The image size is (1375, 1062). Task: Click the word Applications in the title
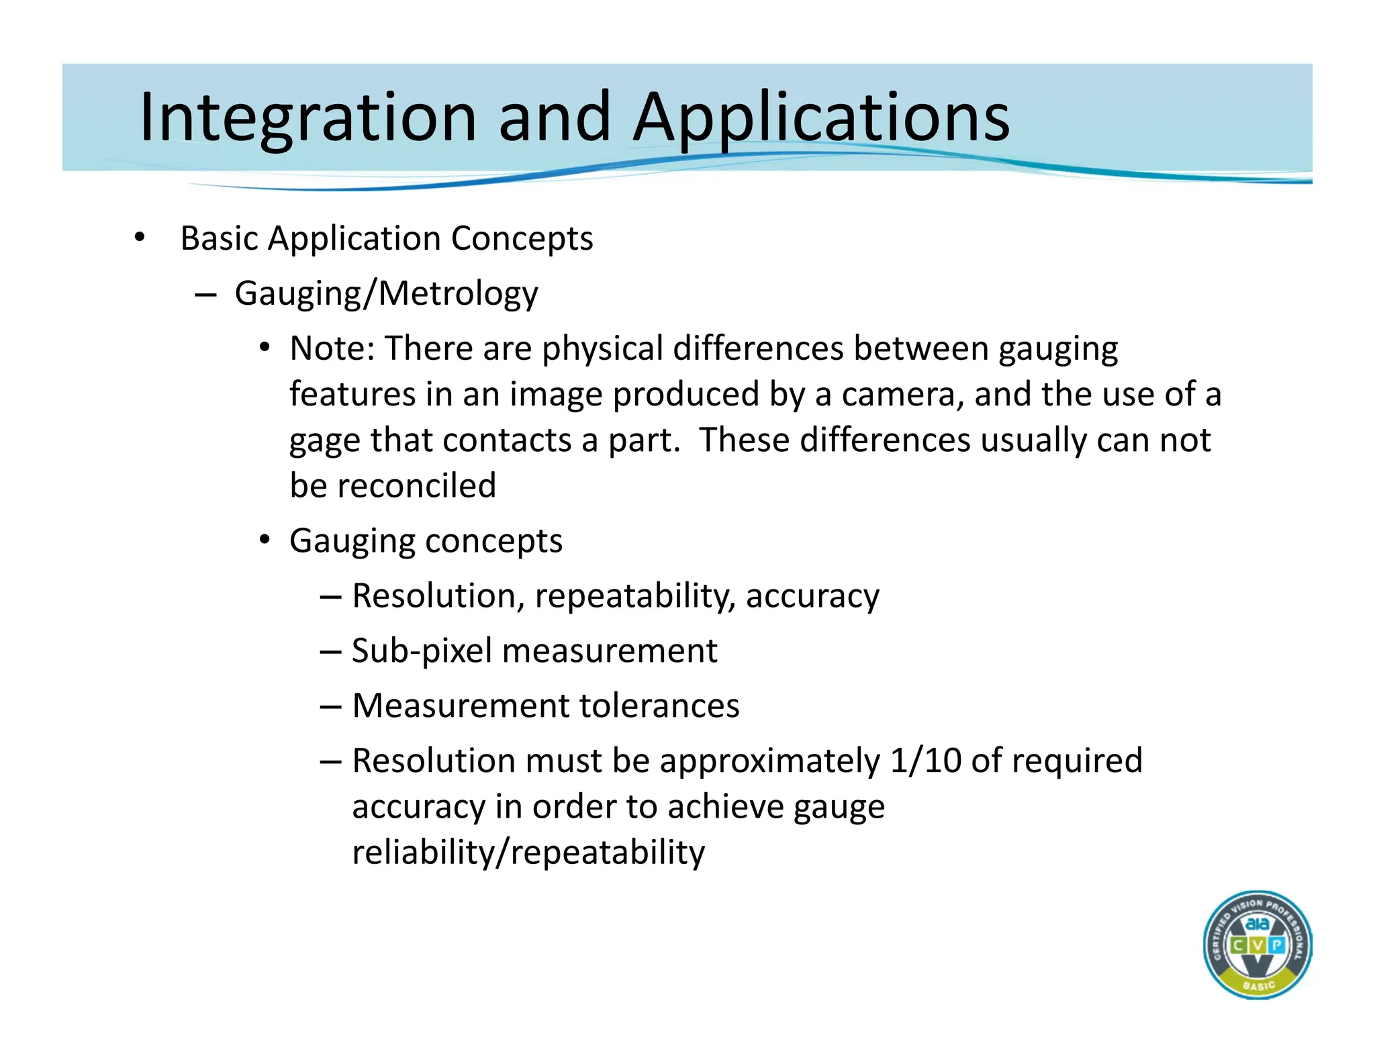pyautogui.click(x=821, y=118)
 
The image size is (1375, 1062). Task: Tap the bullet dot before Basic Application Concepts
pyautogui.click(x=139, y=237)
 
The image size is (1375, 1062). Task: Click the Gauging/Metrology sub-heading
pyautogui.click(x=386, y=294)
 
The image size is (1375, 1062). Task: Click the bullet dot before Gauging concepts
pyautogui.click(x=265, y=540)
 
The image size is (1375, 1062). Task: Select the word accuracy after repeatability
pyautogui.click(x=812, y=596)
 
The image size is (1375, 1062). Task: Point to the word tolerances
pyautogui.click(x=659, y=706)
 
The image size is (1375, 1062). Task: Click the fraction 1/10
pyautogui.click(x=925, y=761)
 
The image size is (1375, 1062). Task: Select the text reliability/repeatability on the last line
pyautogui.click(x=528, y=853)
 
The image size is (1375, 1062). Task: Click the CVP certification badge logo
pyautogui.click(x=1258, y=945)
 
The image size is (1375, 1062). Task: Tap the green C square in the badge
pyautogui.click(x=1238, y=946)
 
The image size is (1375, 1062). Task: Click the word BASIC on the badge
pyautogui.click(x=1258, y=985)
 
